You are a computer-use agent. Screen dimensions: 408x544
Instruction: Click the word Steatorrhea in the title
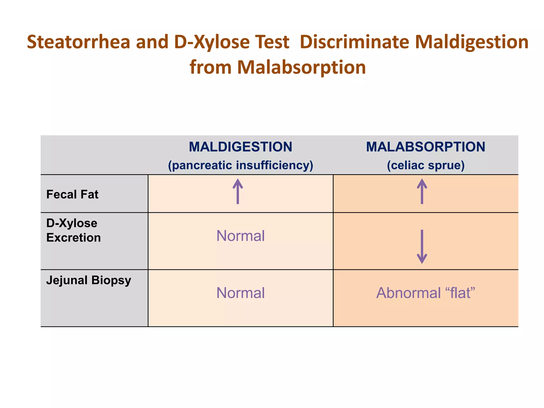tap(79, 42)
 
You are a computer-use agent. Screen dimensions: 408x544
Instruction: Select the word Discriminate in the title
tap(354, 42)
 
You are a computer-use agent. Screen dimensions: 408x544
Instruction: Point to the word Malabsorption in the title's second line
tap(301, 67)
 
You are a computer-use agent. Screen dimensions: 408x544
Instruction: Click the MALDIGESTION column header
tap(240, 147)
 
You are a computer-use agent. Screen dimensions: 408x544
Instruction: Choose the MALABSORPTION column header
tap(426, 147)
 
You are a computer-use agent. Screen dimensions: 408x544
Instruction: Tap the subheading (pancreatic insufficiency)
tap(240, 165)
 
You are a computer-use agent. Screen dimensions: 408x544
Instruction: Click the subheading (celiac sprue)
tap(426, 165)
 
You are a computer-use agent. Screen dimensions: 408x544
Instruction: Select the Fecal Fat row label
tap(72, 194)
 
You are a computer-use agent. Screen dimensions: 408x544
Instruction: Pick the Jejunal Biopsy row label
tap(89, 280)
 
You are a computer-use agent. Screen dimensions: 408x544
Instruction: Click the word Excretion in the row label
tap(74, 237)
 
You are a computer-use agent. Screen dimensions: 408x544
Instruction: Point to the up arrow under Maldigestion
tap(238, 192)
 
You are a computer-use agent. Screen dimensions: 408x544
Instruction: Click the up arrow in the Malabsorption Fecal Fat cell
tap(422, 192)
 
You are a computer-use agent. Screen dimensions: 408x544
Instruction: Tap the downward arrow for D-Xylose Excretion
tap(422, 246)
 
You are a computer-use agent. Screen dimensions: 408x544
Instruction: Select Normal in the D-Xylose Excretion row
tap(240, 236)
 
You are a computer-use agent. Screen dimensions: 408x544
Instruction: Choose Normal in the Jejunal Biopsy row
tap(240, 293)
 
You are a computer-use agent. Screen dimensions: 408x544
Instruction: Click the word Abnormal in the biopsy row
tap(409, 293)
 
